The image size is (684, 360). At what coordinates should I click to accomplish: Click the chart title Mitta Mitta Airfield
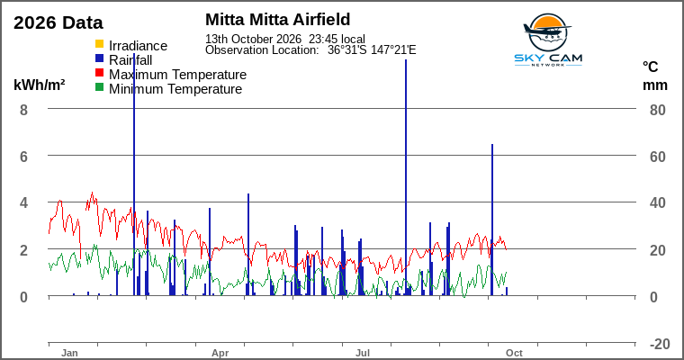pyautogui.click(x=278, y=20)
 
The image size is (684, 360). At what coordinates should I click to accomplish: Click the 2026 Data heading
pyautogui.click(x=58, y=22)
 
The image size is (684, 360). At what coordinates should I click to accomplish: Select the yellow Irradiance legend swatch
pyautogui.click(x=100, y=43)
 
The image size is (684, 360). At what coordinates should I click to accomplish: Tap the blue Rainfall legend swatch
pyautogui.click(x=100, y=58)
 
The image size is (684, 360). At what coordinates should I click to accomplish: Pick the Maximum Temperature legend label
pyautogui.click(x=177, y=75)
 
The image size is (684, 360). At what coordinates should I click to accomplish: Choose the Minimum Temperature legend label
pyautogui.click(x=175, y=89)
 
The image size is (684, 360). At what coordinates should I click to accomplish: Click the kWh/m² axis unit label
pyautogui.click(x=40, y=85)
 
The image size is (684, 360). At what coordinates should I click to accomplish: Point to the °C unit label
pyautogui.click(x=650, y=67)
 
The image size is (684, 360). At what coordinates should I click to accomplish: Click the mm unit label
pyautogui.click(x=655, y=85)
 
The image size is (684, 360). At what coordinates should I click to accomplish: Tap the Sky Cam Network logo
pyautogui.click(x=548, y=40)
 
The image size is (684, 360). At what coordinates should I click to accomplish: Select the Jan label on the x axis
pyautogui.click(x=69, y=353)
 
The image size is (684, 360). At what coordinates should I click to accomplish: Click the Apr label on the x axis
pyautogui.click(x=220, y=353)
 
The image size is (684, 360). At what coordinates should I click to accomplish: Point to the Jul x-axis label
pyautogui.click(x=363, y=353)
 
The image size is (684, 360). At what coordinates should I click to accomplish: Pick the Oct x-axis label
pyautogui.click(x=514, y=353)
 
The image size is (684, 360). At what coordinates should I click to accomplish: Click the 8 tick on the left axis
pyautogui.click(x=23, y=110)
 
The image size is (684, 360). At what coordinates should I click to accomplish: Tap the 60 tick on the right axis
pyautogui.click(x=657, y=157)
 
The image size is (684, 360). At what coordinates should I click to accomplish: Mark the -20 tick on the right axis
pyautogui.click(x=660, y=344)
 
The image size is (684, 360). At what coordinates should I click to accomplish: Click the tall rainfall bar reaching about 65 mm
pyautogui.click(x=492, y=220)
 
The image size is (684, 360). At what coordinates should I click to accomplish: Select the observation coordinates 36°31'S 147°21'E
pyautogui.click(x=372, y=50)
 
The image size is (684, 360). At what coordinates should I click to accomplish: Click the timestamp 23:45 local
pyautogui.click(x=337, y=39)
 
